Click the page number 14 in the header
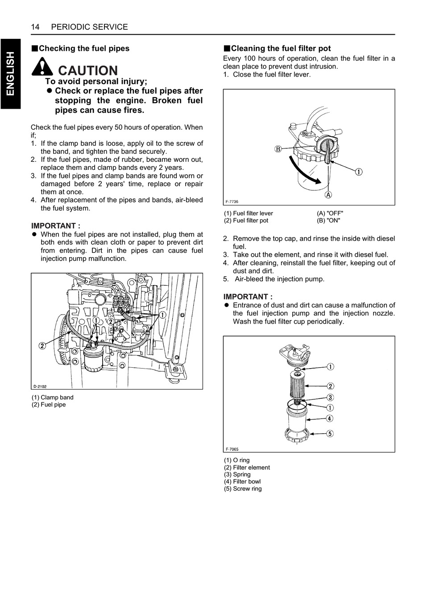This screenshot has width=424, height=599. (35, 27)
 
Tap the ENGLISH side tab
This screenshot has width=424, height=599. (10, 73)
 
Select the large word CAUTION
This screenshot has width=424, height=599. (88, 70)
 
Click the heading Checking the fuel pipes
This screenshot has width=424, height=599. (80, 49)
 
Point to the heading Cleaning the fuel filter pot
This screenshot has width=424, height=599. (277, 49)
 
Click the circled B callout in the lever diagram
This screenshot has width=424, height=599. (278, 149)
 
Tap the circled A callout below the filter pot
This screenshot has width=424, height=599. (328, 195)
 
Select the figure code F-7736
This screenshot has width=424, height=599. (232, 201)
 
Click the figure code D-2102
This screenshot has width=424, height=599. (40, 386)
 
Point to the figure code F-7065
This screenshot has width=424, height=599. (232, 449)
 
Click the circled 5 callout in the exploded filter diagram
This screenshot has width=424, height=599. (330, 433)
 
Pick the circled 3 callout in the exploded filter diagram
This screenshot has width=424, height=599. (330, 398)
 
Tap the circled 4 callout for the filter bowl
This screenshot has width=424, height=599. (330, 418)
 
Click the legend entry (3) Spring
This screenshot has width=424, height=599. (237, 475)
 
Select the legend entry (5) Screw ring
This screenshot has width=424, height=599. (243, 489)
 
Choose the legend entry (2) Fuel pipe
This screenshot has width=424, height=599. (49, 405)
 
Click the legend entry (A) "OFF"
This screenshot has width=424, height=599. (330, 213)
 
